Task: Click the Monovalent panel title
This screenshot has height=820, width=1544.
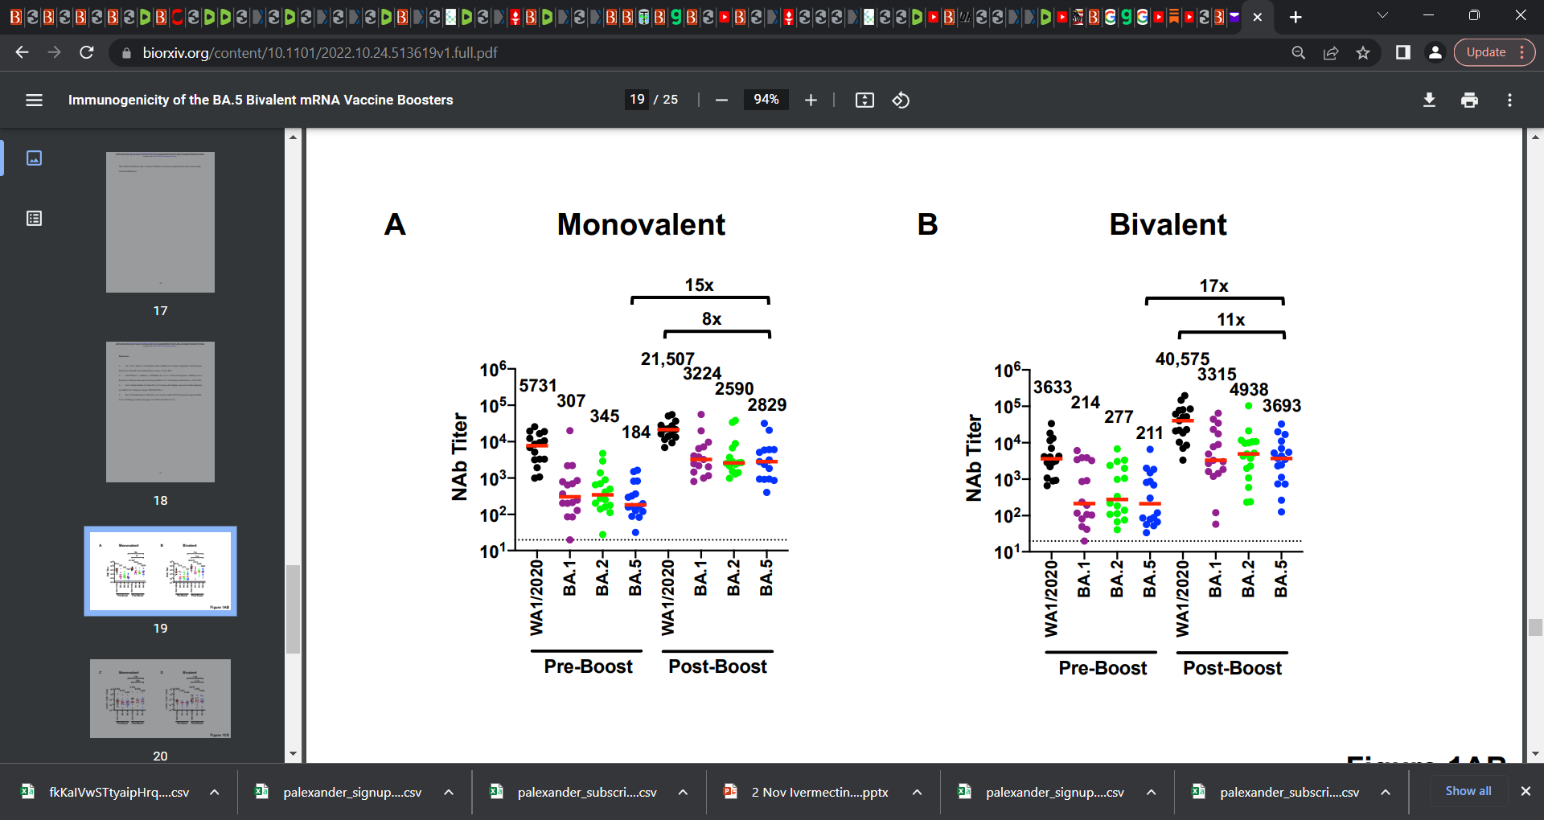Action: tap(641, 224)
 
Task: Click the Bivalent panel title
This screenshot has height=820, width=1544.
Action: tap(1168, 224)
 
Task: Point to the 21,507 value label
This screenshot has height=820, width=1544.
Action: tap(667, 359)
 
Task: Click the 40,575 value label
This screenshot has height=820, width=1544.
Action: tap(1182, 359)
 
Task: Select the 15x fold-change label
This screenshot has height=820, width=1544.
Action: tap(699, 285)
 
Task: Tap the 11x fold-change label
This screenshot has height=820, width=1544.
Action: tap(1230, 320)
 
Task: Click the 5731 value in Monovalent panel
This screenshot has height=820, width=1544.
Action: tap(537, 385)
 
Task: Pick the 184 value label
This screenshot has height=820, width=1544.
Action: tap(635, 433)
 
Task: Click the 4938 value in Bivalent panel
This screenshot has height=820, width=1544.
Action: tap(1248, 390)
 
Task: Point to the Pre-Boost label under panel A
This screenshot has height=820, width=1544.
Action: tap(588, 666)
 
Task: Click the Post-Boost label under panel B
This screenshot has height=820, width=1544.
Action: tap(1232, 668)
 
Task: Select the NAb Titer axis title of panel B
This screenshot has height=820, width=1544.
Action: tap(974, 458)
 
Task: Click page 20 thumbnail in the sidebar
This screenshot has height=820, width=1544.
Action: tap(160, 699)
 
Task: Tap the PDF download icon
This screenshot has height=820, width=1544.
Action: tap(1429, 100)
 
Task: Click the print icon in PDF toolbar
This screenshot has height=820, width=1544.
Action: tap(1469, 100)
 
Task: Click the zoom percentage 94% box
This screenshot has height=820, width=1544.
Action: tap(766, 100)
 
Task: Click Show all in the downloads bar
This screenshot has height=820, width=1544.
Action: tap(1468, 791)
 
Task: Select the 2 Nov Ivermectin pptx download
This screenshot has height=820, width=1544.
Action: tap(819, 792)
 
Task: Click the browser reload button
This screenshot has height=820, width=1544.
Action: tap(87, 52)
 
